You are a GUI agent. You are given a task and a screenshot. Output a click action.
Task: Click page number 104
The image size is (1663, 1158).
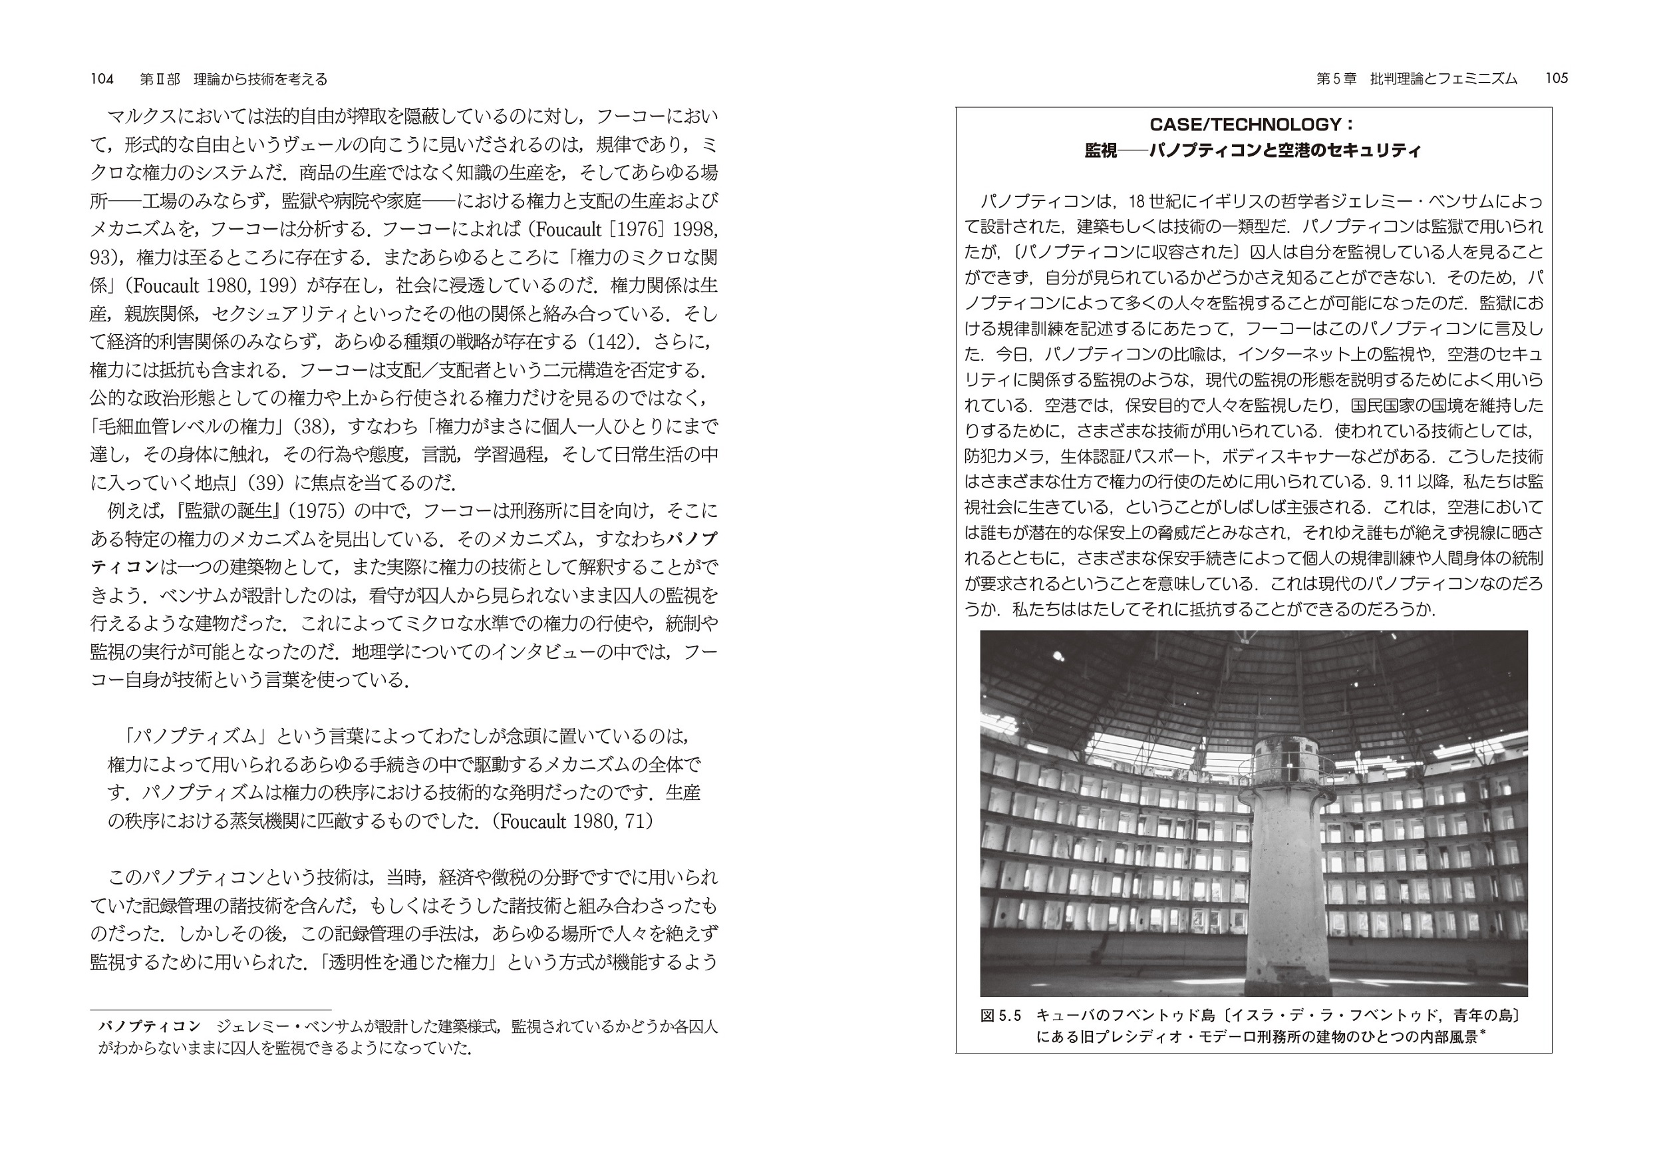102,79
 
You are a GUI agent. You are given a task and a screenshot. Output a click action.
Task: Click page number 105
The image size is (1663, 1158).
1557,79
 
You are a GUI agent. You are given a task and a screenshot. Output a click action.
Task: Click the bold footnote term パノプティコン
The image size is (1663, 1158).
149,1027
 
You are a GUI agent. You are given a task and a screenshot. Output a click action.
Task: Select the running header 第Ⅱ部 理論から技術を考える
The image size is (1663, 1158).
233,79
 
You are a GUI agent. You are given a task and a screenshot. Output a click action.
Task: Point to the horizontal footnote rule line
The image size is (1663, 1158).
210,1010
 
